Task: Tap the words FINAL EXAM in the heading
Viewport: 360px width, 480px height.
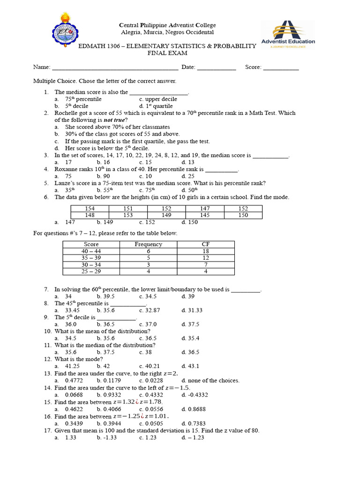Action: [167, 53]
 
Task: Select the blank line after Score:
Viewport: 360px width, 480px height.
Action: [281, 68]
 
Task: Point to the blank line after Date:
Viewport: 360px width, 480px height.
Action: [216, 68]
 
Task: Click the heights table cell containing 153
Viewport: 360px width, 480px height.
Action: [128, 215]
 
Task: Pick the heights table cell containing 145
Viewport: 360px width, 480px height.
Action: [205, 215]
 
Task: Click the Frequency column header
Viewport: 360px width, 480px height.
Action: [148, 244]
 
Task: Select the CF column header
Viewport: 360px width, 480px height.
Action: [205, 244]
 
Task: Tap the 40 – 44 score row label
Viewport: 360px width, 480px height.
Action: [91, 251]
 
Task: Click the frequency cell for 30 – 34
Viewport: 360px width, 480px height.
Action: [148, 264]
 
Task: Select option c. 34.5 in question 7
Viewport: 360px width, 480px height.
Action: [148, 296]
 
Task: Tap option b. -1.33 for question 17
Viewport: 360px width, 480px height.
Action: [106, 437]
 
